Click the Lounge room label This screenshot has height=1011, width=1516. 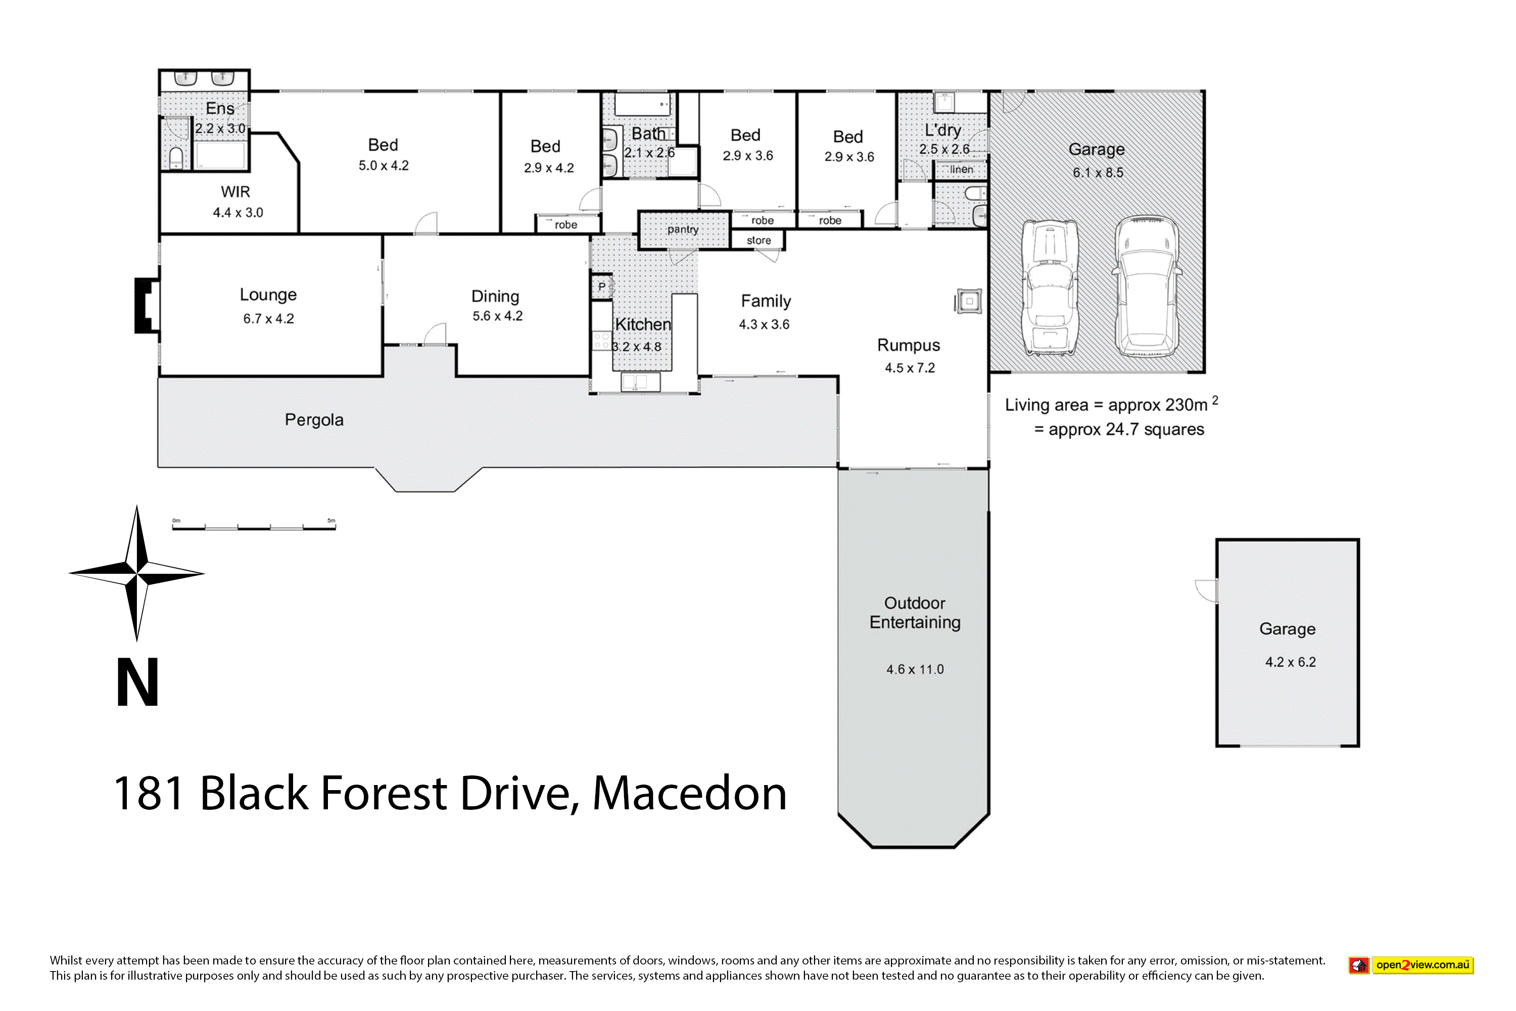point(268,295)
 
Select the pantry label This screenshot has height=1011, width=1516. point(683,229)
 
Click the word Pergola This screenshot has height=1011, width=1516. point(314,420)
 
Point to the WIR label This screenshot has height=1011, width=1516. point(235,192)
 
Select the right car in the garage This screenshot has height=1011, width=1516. point(1147,286)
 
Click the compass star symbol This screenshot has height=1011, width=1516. point(136,573)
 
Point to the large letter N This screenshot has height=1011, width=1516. point(137,682)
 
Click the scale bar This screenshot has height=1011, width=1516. point(254,527)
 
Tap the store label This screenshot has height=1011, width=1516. point(759,241)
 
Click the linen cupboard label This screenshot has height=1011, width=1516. point(961,169)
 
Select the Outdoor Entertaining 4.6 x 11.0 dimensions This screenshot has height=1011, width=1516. point(915,669)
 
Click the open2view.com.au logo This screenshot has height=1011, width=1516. point(1411,965)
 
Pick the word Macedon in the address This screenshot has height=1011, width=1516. point(690,793)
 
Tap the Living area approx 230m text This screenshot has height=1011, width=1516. point(1111,404)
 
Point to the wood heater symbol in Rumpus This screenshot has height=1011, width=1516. point(968,301)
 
